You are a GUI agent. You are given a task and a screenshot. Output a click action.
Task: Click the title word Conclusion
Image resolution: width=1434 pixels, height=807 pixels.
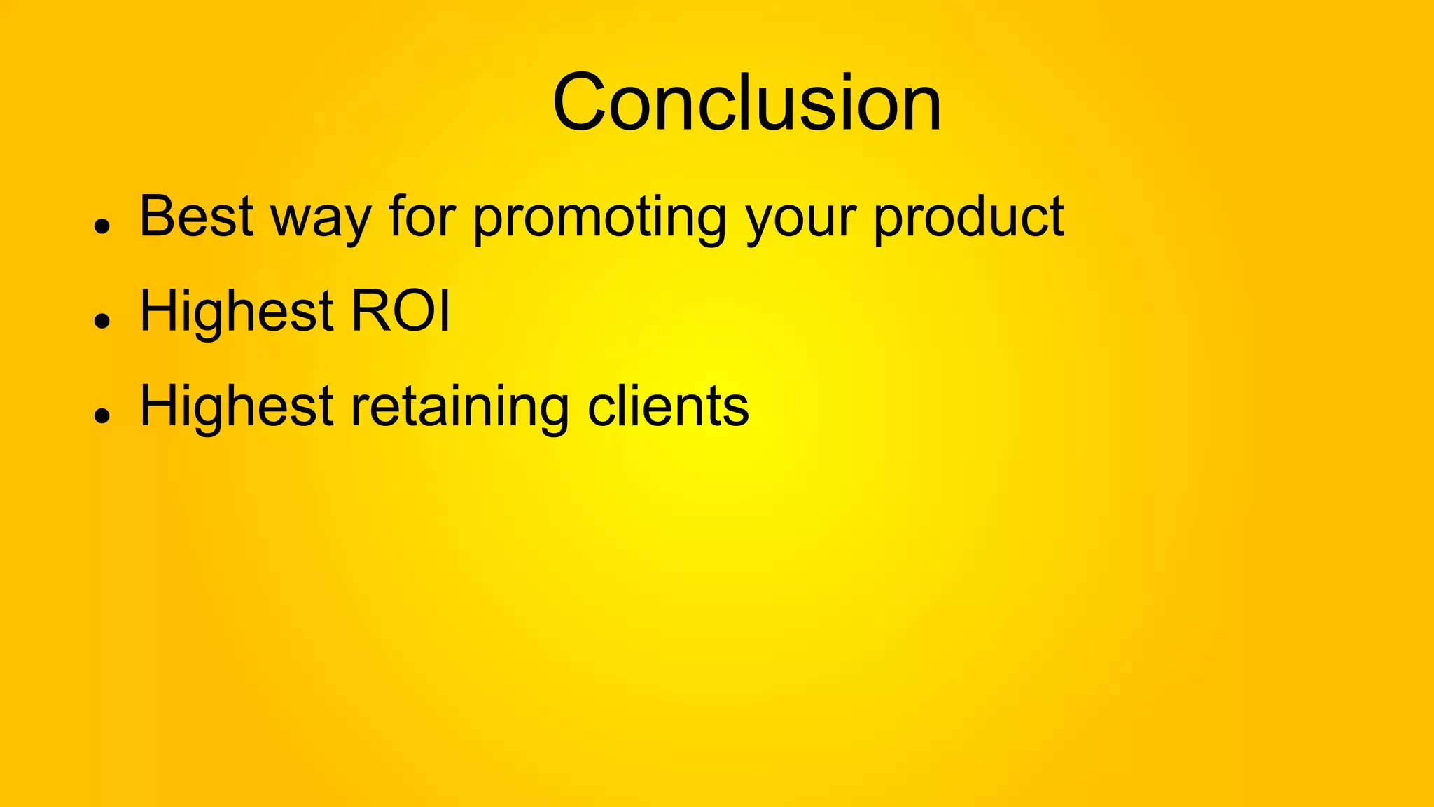746,103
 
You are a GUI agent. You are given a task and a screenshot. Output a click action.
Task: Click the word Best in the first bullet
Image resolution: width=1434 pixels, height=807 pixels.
196,216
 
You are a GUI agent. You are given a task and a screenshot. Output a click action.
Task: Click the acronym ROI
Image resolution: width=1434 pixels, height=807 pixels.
401,311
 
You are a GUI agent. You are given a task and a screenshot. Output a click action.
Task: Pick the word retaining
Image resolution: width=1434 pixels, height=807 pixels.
459,408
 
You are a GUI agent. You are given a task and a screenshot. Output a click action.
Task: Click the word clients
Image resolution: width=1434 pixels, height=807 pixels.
668,406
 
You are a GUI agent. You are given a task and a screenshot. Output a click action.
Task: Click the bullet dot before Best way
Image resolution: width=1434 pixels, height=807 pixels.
103,226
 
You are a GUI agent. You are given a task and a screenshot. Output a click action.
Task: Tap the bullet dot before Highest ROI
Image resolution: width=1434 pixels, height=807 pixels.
103,321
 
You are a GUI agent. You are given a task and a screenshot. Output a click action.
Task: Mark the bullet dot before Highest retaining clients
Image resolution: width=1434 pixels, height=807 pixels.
103,416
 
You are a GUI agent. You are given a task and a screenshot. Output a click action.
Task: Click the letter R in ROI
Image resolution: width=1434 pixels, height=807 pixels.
370,311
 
